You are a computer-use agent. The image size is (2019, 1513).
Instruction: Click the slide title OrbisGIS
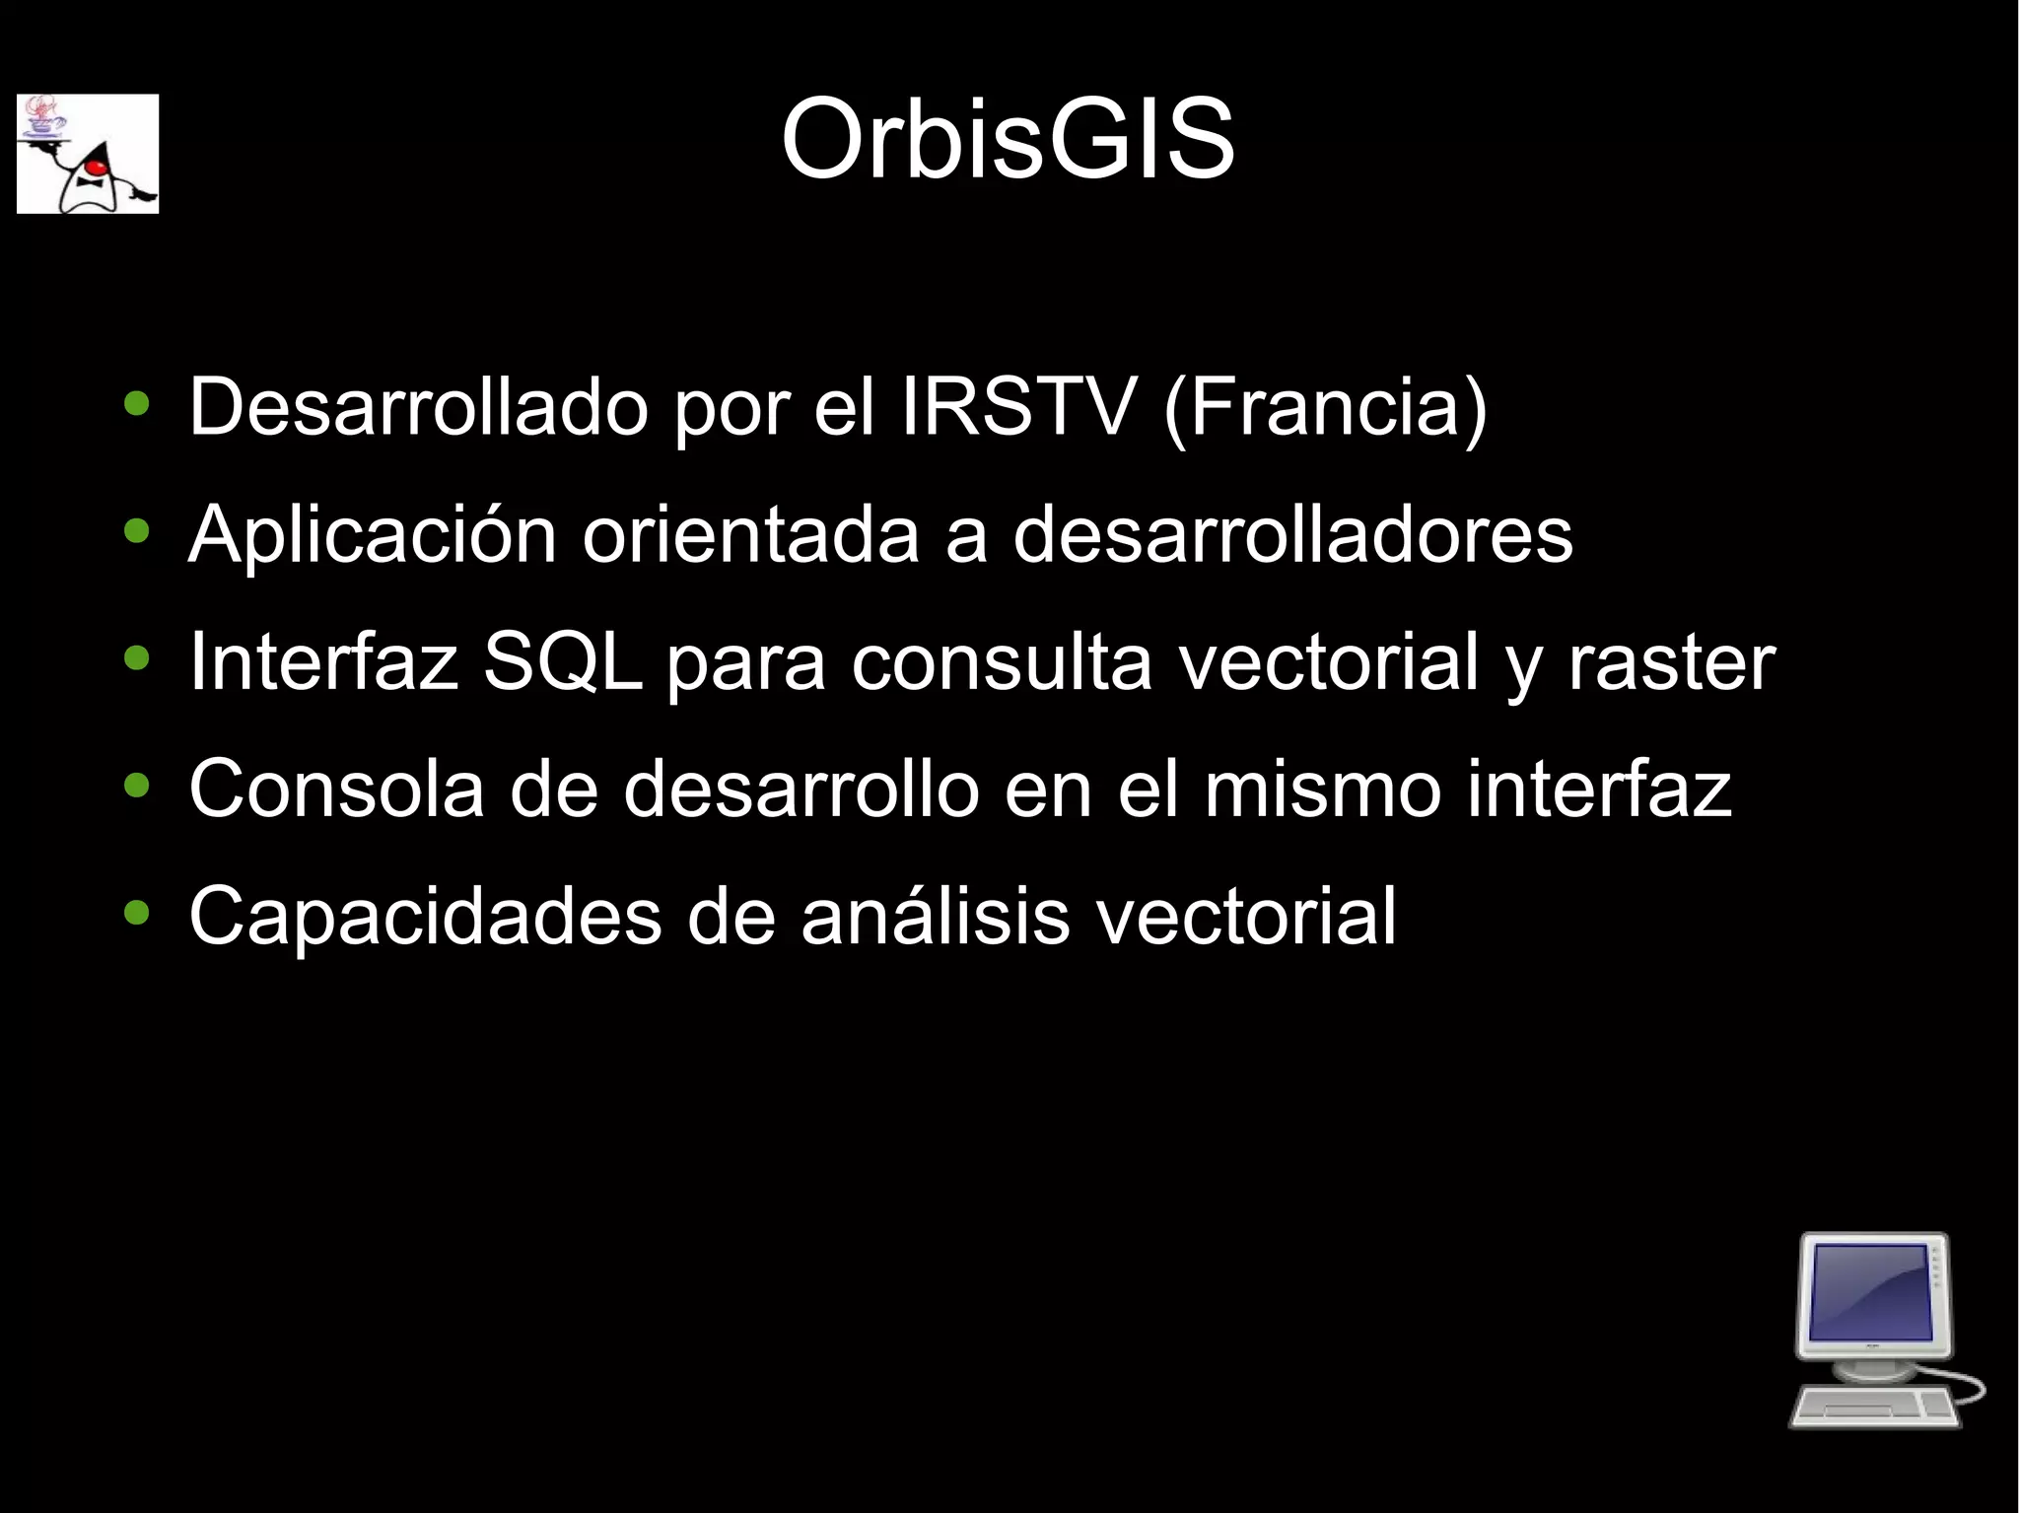pyautogui.click(x=1008, y=140)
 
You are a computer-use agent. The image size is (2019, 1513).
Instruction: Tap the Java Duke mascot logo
pyautogui.click(x=88, y=154)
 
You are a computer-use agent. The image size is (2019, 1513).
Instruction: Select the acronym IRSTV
pyautogui.click(x=1017, y=406)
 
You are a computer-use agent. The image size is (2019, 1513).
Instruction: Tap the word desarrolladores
pyautogui.click(x=1292, y=534)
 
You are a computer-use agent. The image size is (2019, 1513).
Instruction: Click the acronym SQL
pyautogui.click(x=562, y=661)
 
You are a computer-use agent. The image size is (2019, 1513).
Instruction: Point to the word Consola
pyautogui.click(x=336, y=789)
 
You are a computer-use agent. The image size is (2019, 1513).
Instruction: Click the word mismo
pyautogui.click(x=1323, y=789)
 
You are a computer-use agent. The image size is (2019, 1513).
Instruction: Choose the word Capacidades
pyautogui.click(x=425, y=916)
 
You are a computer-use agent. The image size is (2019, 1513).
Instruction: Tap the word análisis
pyautogui.click(x=935, y=916)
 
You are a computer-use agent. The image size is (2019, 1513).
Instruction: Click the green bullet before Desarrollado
pyautogui.click(x=137, y=404)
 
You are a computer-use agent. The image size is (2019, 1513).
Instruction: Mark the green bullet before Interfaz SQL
pyautogui.click(x=137, y=658)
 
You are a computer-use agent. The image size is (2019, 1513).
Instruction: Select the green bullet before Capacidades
pyautogui.click(x=137, y=913)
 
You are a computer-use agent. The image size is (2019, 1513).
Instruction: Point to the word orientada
pyautogui.click(x=750, y=534)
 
